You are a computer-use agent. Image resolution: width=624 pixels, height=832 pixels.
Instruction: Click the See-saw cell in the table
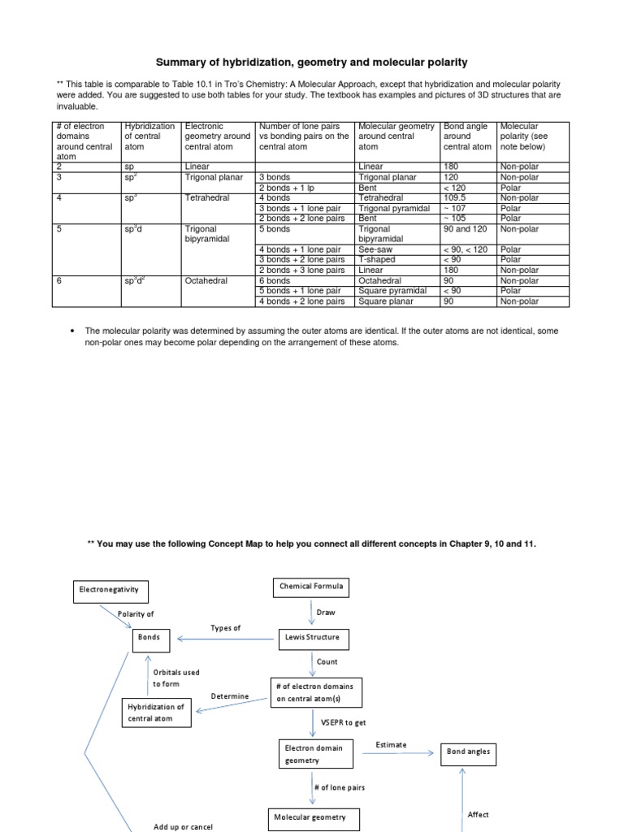tap(375, 249)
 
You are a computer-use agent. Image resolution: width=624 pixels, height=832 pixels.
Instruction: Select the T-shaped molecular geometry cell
tap(377, 260)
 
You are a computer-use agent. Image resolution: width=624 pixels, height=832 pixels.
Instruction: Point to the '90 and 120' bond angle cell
tap(465, 229)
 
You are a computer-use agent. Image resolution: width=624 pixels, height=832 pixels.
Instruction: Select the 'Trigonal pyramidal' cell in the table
tap(394, 208)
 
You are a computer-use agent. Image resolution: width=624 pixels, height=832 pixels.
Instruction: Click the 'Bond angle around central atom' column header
tap(467, 136)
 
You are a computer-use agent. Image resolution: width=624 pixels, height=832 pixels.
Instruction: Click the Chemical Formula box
tap(311, 586)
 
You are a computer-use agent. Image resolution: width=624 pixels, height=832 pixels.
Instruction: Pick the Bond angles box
tap(468, 752)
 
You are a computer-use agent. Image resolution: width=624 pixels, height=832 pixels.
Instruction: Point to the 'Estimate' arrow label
tap(391, 744)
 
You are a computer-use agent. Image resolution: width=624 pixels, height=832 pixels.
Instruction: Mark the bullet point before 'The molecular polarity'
tap(73, 331)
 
